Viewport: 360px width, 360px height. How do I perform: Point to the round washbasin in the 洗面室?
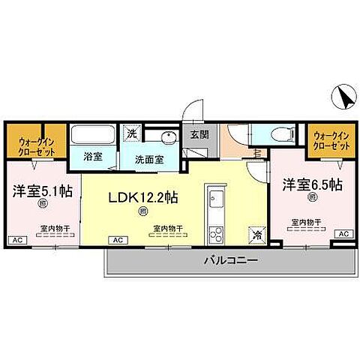pos(165,136)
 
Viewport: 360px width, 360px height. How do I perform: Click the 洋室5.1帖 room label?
pos(40,190)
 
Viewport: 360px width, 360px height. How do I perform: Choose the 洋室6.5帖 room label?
pos(312,184)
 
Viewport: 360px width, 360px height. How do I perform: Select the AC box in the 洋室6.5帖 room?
pos(343,234)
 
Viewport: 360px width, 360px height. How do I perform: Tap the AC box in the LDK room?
pos(117,239)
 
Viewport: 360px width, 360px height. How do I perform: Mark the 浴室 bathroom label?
pos(92,159)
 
